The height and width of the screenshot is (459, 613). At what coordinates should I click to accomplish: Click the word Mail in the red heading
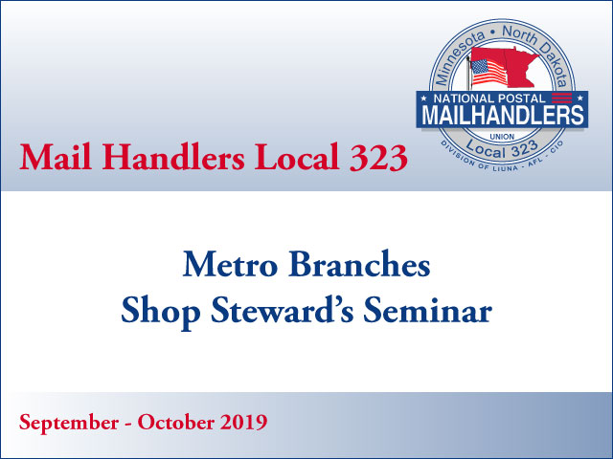click(56, 157)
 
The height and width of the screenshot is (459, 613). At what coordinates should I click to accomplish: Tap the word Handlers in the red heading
click(173, 157)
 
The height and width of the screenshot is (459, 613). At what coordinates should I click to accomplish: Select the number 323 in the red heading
click(378, 157)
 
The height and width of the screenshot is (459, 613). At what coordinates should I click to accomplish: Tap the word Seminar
click(427, 311)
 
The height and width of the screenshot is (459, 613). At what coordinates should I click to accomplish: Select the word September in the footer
click(69, 424)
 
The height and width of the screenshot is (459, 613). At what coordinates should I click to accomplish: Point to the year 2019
click(244, 423)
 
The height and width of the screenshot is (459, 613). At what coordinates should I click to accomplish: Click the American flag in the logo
click(488, 72)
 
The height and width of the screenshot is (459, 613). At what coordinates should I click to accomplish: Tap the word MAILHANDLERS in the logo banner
click(503, 115)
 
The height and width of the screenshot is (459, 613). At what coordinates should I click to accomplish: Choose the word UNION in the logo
click(502, 137)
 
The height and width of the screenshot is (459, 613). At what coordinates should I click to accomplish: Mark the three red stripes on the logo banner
click(561, 98)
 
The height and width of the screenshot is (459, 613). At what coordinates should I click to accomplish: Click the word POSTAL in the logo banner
click(520, 98)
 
